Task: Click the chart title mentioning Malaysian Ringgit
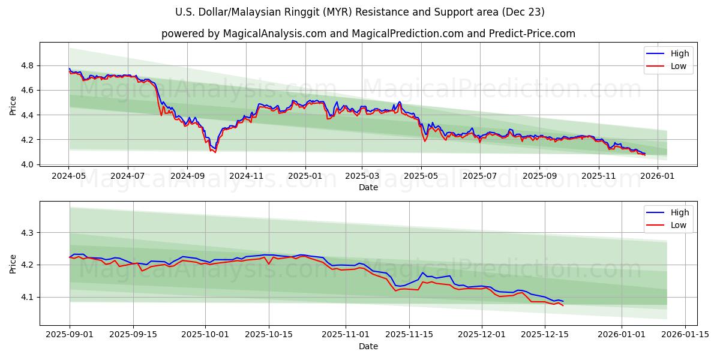[x=360, y=12]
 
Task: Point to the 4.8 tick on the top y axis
[x=28, y=65]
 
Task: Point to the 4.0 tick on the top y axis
[x=28, y=164]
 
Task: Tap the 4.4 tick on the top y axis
[x=28, y=115]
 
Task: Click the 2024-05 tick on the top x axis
[x=69, y=176]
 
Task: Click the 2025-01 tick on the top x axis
[x=305, y=176]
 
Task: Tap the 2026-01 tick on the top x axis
[x=658, y=176]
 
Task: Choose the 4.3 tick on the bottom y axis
[x=28, y=232]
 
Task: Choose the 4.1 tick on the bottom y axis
[x=28, y=297]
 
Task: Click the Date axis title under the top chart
[x=368, y=187]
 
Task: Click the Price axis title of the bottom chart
[x=13, y=263]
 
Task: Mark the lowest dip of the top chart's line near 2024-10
[x=215, y=152]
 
